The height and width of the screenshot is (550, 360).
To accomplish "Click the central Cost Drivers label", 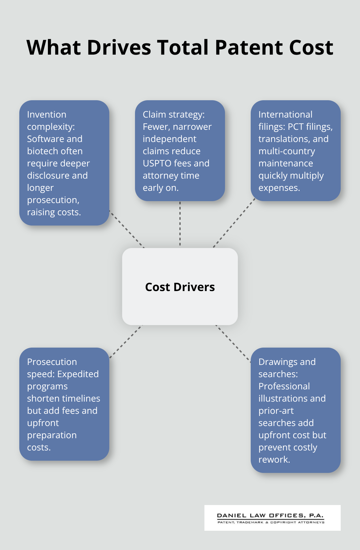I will tap(180, 287).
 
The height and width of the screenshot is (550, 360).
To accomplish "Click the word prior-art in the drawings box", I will tap(276, 411).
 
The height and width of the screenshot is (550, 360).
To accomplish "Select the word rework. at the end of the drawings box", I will tap(274, 460).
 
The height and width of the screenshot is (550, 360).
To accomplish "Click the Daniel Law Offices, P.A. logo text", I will tap(270, 515).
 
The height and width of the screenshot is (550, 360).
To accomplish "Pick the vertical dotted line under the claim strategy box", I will tap(180, 224).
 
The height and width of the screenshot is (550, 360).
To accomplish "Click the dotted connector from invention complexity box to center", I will tap(127, 229).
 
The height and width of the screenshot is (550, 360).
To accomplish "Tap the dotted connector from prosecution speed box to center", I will tap(126, 342).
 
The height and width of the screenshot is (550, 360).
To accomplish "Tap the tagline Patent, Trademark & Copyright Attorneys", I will tap(271, 522).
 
